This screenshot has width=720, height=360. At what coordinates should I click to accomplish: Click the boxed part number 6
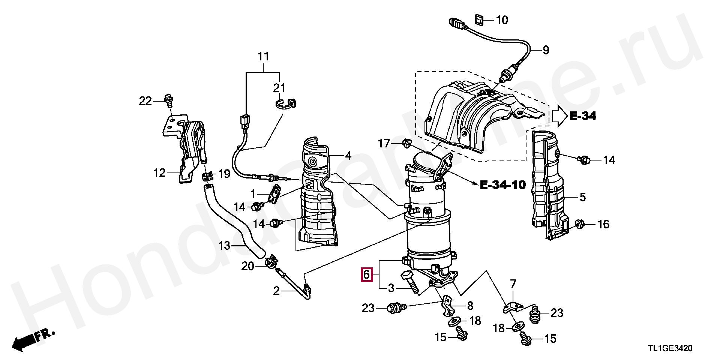tap(366, 275)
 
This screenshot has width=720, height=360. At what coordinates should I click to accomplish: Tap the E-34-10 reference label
tap(502, 184)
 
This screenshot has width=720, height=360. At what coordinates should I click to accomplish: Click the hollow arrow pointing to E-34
tap(559, 116)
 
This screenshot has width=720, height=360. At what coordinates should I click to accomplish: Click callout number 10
tap(502, 19)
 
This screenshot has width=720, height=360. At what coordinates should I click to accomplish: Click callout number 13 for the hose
tap(224, 246)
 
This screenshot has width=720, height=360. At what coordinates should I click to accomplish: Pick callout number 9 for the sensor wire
tap(545, 50)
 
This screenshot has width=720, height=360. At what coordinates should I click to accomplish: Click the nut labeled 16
tap(579, 224)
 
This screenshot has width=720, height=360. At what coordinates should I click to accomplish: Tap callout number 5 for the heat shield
tap(582, 197)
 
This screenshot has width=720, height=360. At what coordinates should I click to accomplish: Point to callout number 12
tap(159, 173)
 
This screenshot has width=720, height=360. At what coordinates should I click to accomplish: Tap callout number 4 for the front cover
tap(348, 155)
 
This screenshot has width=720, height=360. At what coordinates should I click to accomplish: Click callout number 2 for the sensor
tap(276, 291)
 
